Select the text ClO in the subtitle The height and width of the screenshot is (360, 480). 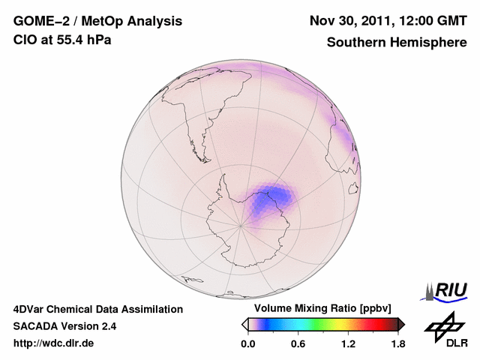(25, 40)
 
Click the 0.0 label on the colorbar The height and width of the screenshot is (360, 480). (248, 343)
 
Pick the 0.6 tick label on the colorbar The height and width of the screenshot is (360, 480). (298, 343)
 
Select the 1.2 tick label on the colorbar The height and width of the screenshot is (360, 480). (348, 343)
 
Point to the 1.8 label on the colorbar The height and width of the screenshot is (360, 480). (397, 343)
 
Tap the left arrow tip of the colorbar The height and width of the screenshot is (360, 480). (244, 324)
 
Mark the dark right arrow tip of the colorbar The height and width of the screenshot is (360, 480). (401, 324)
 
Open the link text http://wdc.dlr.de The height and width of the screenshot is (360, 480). (54, 343)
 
